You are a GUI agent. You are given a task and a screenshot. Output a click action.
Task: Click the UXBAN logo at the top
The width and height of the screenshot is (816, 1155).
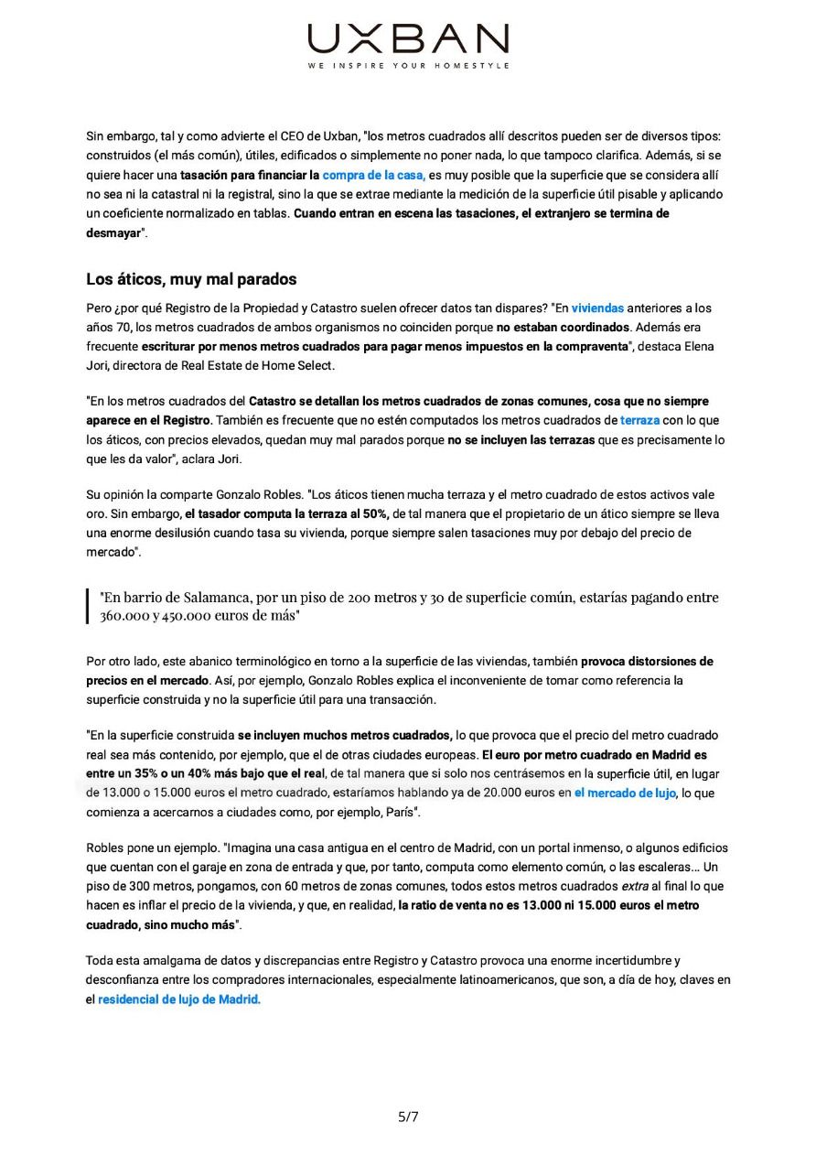408,39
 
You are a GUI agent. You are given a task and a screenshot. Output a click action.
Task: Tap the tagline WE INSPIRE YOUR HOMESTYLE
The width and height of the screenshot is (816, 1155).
408,66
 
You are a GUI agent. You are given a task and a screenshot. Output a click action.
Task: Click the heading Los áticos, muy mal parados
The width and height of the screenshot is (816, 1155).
191,279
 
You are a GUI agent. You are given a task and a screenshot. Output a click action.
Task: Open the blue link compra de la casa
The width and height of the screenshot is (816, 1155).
373,175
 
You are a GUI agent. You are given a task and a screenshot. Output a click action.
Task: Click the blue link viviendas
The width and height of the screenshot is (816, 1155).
597,308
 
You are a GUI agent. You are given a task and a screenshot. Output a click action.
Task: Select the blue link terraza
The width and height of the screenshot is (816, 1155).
639,421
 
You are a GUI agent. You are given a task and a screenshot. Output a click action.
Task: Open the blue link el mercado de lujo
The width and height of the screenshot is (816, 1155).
625,793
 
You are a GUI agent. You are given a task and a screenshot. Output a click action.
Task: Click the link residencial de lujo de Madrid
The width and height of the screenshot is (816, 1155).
179,1000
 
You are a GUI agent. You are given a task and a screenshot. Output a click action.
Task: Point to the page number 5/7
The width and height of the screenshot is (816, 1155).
408,1117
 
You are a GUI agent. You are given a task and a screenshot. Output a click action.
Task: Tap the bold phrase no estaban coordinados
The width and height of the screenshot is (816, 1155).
563,328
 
